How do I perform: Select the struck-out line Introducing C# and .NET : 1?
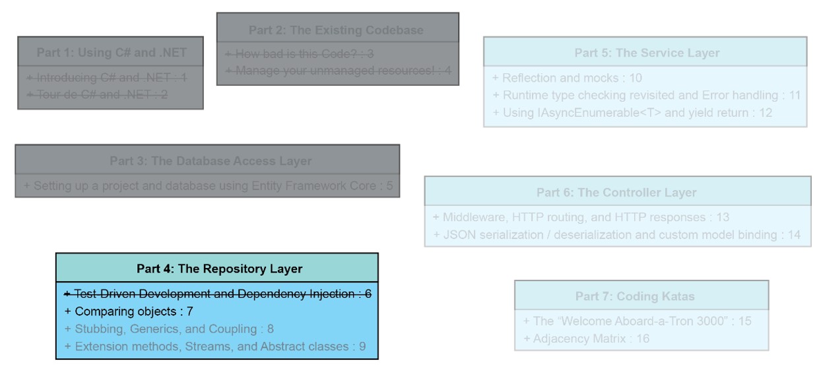[x=107, y=79]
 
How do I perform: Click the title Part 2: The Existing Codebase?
[x=337, y=30]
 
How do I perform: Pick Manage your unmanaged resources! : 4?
[x=338, y=71]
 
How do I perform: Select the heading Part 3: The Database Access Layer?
[x=207, y=161]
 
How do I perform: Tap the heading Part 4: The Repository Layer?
[x=217, y=269]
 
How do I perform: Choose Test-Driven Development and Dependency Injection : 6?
[x=217, y=294]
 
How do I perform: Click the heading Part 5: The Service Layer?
[x=646, y=53]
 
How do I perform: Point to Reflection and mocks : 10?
[x=567, y=78]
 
